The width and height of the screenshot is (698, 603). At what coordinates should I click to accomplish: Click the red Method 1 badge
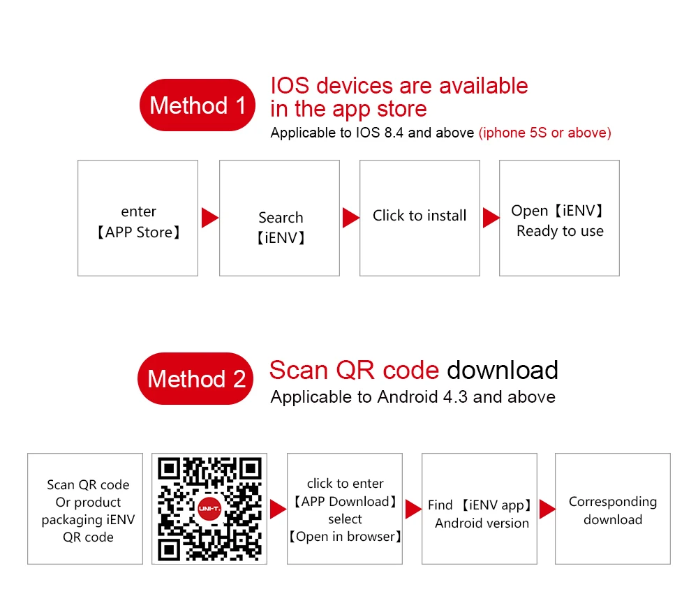coord(198,105)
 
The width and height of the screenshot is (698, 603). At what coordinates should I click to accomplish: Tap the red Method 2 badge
coord(196,379)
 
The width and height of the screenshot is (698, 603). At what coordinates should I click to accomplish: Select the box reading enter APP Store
coord(138,218)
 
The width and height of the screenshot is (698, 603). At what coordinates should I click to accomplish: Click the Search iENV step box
coord(279,218)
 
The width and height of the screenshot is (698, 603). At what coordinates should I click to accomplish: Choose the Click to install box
coord(419,218)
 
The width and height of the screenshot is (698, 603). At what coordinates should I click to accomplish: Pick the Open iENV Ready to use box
coord(559,218)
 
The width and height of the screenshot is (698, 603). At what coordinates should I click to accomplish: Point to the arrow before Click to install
coord(350,218)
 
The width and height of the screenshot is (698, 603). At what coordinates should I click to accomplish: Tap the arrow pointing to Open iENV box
coord(491,218)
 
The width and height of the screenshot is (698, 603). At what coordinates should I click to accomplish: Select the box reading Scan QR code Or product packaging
coord(87,509)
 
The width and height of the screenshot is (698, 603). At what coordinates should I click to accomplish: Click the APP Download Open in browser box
coord(345,509)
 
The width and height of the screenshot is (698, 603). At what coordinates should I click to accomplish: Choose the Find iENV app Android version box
coord(480,509)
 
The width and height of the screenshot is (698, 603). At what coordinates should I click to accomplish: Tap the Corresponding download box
coord(612,509)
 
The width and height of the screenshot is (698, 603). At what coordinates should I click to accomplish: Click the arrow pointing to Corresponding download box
coord(547,509)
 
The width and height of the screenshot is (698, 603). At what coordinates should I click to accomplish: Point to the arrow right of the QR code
coord(277,509)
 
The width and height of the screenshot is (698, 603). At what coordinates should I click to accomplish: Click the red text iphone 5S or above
coord(544,133)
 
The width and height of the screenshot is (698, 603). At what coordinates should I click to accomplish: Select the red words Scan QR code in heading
coord(354,370)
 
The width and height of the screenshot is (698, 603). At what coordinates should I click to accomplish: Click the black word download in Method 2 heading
coord(503,370)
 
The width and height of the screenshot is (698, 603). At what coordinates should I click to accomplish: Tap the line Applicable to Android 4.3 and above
coord(413,397)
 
